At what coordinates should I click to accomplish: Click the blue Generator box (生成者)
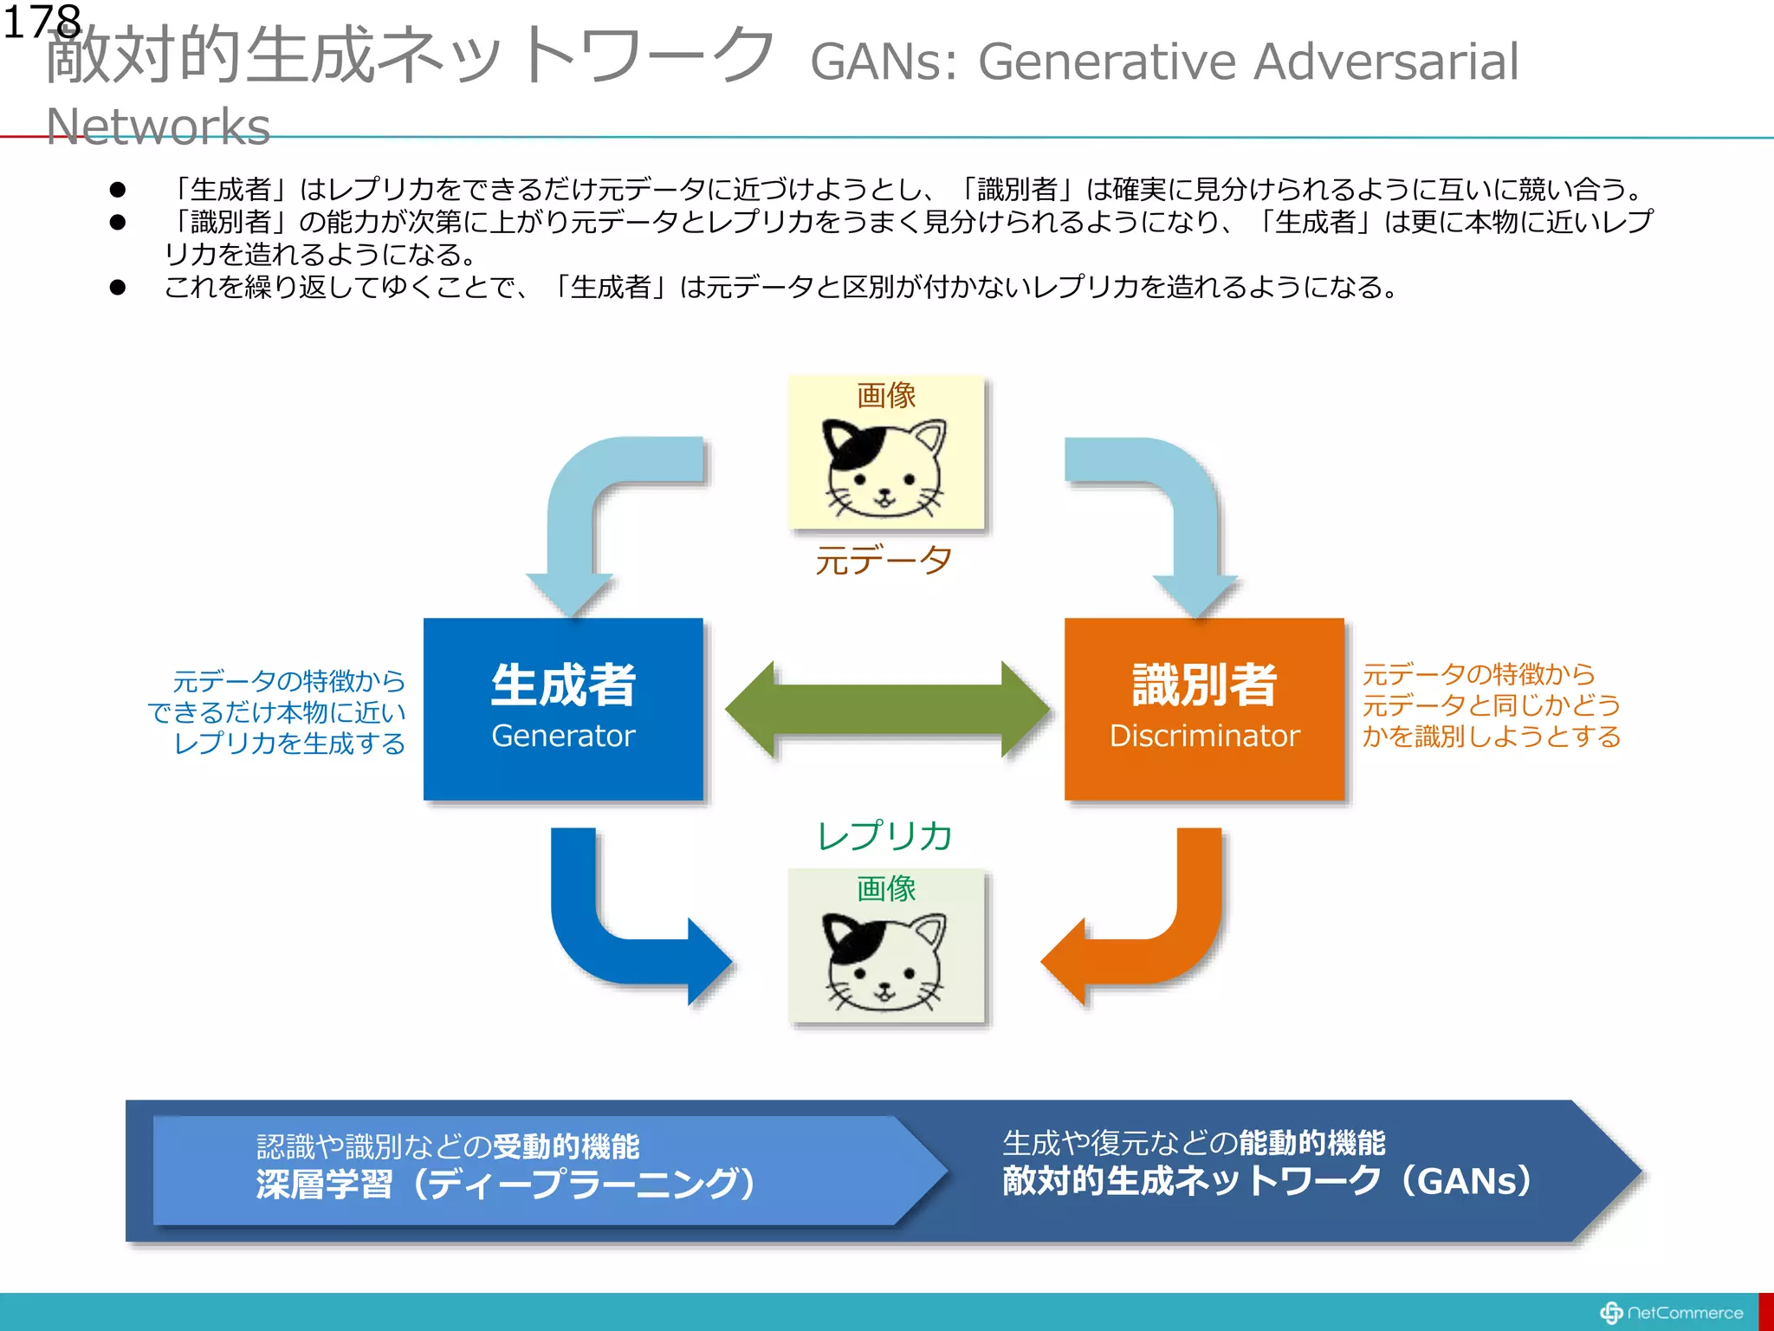pyautogui.click(x=563, y=659)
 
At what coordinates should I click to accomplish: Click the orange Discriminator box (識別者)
pyautogui.click(x=1204, y=659)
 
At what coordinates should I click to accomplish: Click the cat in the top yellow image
pyautogui.click(x=884, y=468)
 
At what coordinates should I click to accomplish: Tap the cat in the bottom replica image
pyautogui.click(x=884, y=962)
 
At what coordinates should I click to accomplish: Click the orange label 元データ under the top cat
pyautogui.click(x=884, y=561)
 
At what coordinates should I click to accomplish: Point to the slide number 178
pyautogui.click(x=42, y=22)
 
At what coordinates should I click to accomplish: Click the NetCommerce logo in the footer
pyautogui.click(x=1672, y=1313)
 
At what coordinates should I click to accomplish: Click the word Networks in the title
pyautogui.click(x=158, y=127)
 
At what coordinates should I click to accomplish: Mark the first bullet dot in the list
pyautogui.click(x=118, y=189)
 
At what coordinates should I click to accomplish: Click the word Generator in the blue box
pyautogui.click(x=563, y=736)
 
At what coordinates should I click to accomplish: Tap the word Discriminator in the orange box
pyautogui.click(x=1205, y=736)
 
